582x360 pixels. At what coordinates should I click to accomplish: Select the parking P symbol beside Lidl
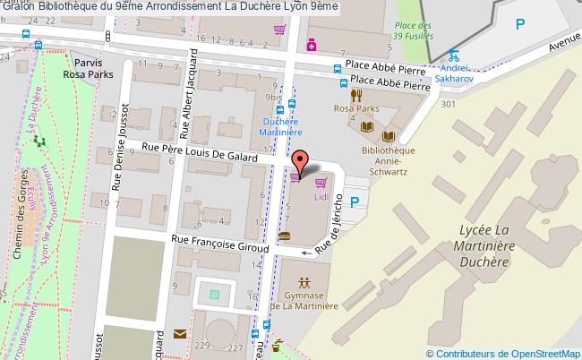354,203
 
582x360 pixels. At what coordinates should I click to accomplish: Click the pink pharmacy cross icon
311,43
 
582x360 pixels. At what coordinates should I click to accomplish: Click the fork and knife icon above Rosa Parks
355,95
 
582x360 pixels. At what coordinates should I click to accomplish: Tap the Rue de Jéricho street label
337,234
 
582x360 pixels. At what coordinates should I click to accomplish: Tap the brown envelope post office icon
179,334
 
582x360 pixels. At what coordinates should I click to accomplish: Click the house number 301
448,104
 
